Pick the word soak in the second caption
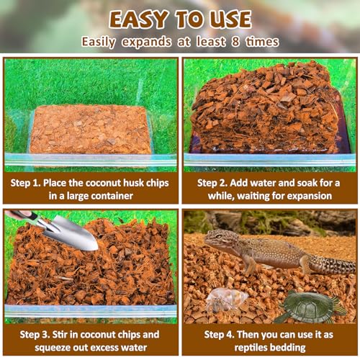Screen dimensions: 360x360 [292, 183]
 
